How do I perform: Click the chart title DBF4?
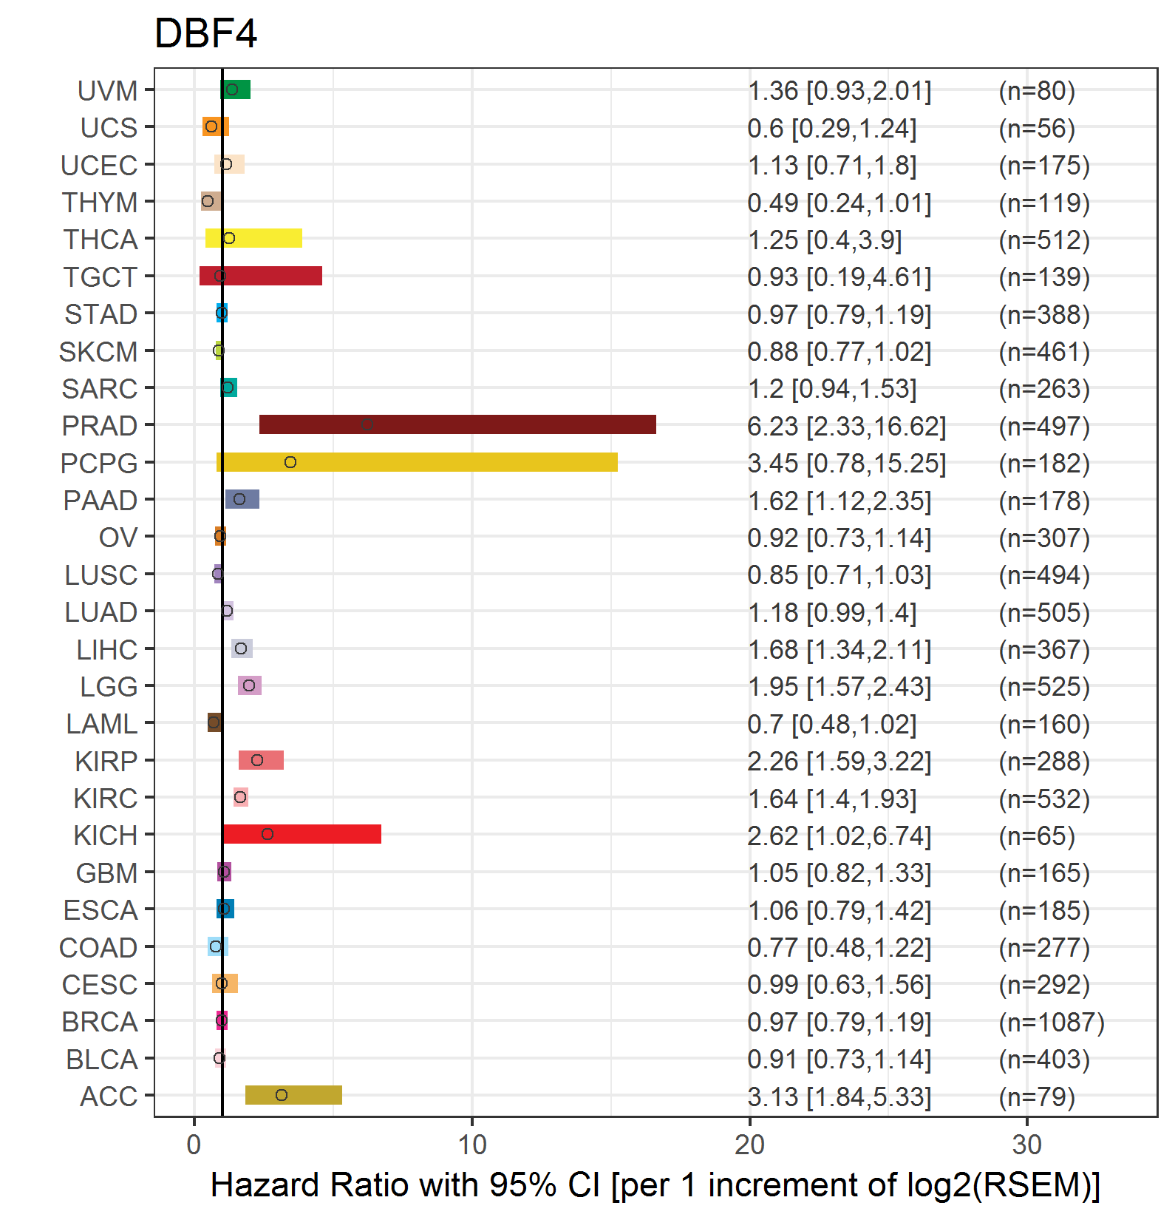(x=205, y=34)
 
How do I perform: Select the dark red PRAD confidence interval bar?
(x=457, y=424)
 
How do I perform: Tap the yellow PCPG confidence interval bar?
(x=417, y=462)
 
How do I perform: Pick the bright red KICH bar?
(x=302, y=834)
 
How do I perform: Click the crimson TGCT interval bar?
(x=261, y=276)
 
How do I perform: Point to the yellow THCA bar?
(x=253, y=238)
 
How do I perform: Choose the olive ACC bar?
(x=293, y=1095)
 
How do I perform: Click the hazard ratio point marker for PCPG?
(x=290, y=462)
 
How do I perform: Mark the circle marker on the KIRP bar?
(x=257, y=760)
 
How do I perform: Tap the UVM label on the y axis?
(x=108, y=91)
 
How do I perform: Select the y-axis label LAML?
(x=102, y=724)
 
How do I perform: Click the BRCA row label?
(x=100, y=1022)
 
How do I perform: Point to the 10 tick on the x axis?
(x=472, y=1145)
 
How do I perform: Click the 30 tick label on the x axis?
(x=1027, y=1145)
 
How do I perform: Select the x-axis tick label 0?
(x=194, y=1145)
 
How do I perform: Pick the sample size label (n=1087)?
(x=1052, y=1022)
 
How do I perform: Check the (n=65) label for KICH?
(x=1037, y=836)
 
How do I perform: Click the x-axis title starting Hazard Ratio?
(x=655, y=1185)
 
